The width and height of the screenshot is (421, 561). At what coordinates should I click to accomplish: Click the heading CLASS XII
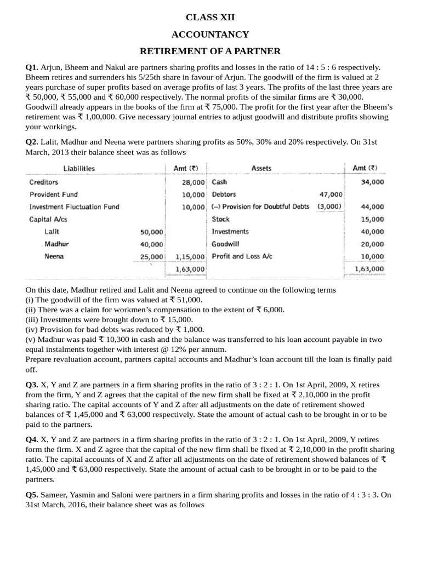(x=210, y=18)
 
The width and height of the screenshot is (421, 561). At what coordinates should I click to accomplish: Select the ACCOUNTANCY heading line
(x=210, y=35)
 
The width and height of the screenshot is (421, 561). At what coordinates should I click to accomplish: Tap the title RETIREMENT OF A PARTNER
(x=210, y=51)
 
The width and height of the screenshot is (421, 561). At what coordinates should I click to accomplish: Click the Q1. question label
(x=32, y=67)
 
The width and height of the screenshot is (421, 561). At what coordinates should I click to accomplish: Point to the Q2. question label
(x=32, y=142)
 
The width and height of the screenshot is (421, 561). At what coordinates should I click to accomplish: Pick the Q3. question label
(x=32, y=385)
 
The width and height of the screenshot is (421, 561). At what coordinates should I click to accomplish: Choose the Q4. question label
(x=32, y=440)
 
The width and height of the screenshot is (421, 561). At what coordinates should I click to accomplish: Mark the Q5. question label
(x=32, y=495)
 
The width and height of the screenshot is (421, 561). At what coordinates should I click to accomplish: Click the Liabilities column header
(x=79, y=168)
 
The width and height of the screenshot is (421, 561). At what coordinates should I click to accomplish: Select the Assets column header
(x=261, y=168)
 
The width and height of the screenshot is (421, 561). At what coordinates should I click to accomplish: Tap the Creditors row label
(x=44, y=182)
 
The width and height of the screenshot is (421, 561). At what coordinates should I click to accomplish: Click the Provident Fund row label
(x=54, y=194)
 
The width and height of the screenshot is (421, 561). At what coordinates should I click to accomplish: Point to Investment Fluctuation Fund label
(x=74, y=207)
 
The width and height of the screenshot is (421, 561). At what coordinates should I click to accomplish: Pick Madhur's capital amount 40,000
(x=151, y=244)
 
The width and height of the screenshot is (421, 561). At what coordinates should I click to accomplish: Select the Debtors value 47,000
(x=331, y=194)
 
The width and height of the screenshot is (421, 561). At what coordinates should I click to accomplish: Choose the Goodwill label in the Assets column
(x=225, y=244)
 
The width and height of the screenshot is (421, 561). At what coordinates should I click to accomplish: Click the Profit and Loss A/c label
(x=242, y=256)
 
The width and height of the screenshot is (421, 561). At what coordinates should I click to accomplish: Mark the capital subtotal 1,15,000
(x=190, y=256)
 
